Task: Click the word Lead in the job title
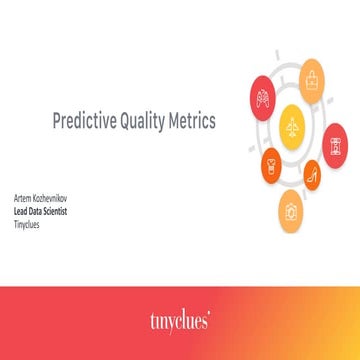20,198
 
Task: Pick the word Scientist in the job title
57,198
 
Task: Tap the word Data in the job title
36,198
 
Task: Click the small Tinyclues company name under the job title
25,207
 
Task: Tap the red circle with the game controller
263,99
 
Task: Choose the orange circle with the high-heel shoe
312,176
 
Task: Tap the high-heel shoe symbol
312,176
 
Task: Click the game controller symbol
263,99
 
